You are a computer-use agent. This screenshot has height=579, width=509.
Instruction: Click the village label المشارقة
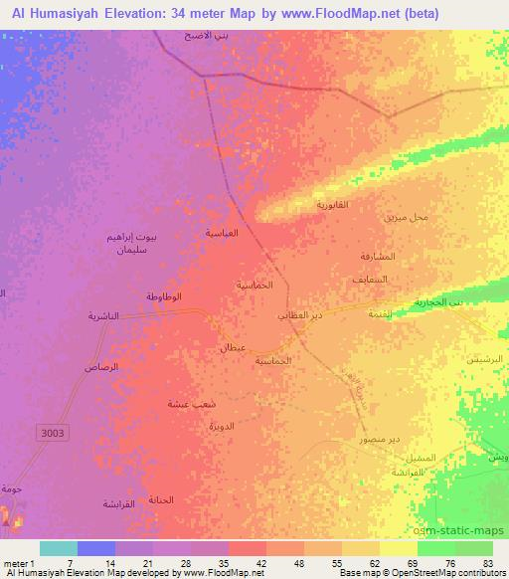[x=379, y=256]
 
